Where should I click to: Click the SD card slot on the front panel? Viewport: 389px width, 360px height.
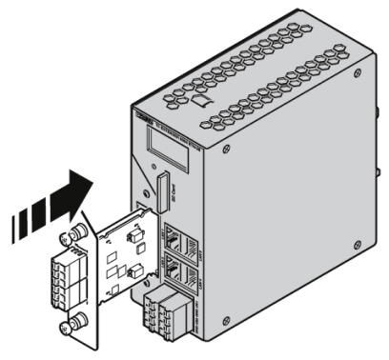(x=163, y=191)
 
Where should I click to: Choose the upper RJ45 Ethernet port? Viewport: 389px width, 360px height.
(x=177, y=237)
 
